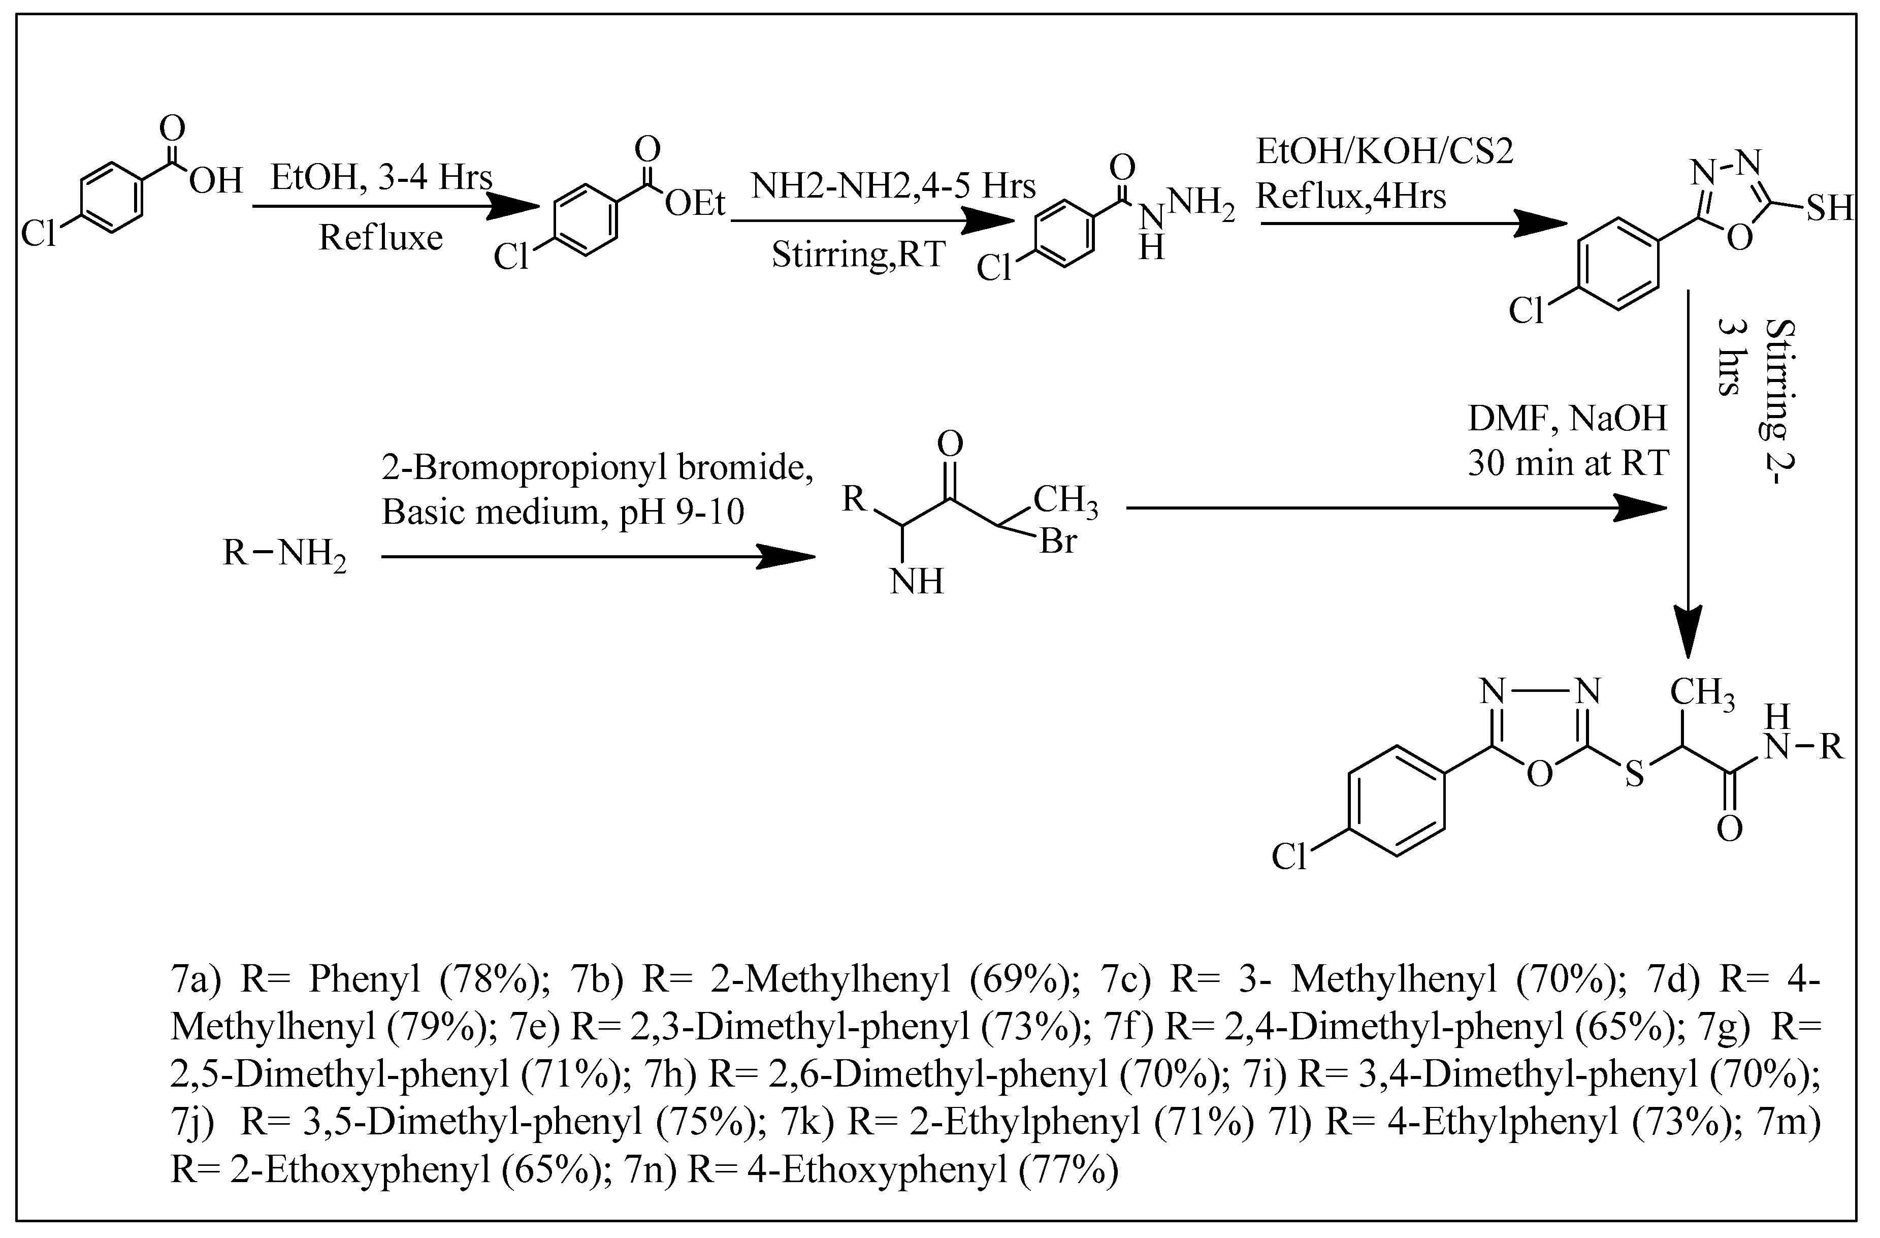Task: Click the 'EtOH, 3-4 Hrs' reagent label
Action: tap(381, 178)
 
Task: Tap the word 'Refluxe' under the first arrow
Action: tap(381, 237)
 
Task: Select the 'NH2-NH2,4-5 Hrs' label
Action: tap(893, 186)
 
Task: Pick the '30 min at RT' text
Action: tap(1568, 464)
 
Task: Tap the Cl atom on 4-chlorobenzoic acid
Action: tap(39, 234)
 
